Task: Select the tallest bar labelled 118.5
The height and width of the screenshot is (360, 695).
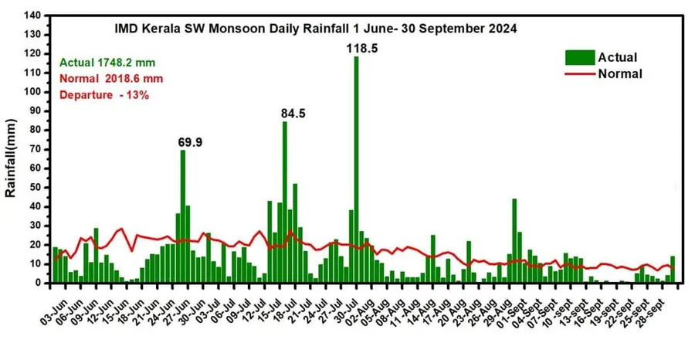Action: tap(356, 170)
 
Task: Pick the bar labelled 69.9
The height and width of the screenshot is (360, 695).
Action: tap(183, 216)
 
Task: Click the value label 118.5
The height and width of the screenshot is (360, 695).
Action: tap(361, 48)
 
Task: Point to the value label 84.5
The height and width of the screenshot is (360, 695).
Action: tap(293, 114)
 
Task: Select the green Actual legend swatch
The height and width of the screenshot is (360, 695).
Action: tap(579, 57)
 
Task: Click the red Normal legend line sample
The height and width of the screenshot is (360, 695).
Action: tap(579, 74)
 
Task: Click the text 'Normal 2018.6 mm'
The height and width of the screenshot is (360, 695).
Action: tap(110, 78)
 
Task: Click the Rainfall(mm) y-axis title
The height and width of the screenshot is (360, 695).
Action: tap(11, 158)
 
